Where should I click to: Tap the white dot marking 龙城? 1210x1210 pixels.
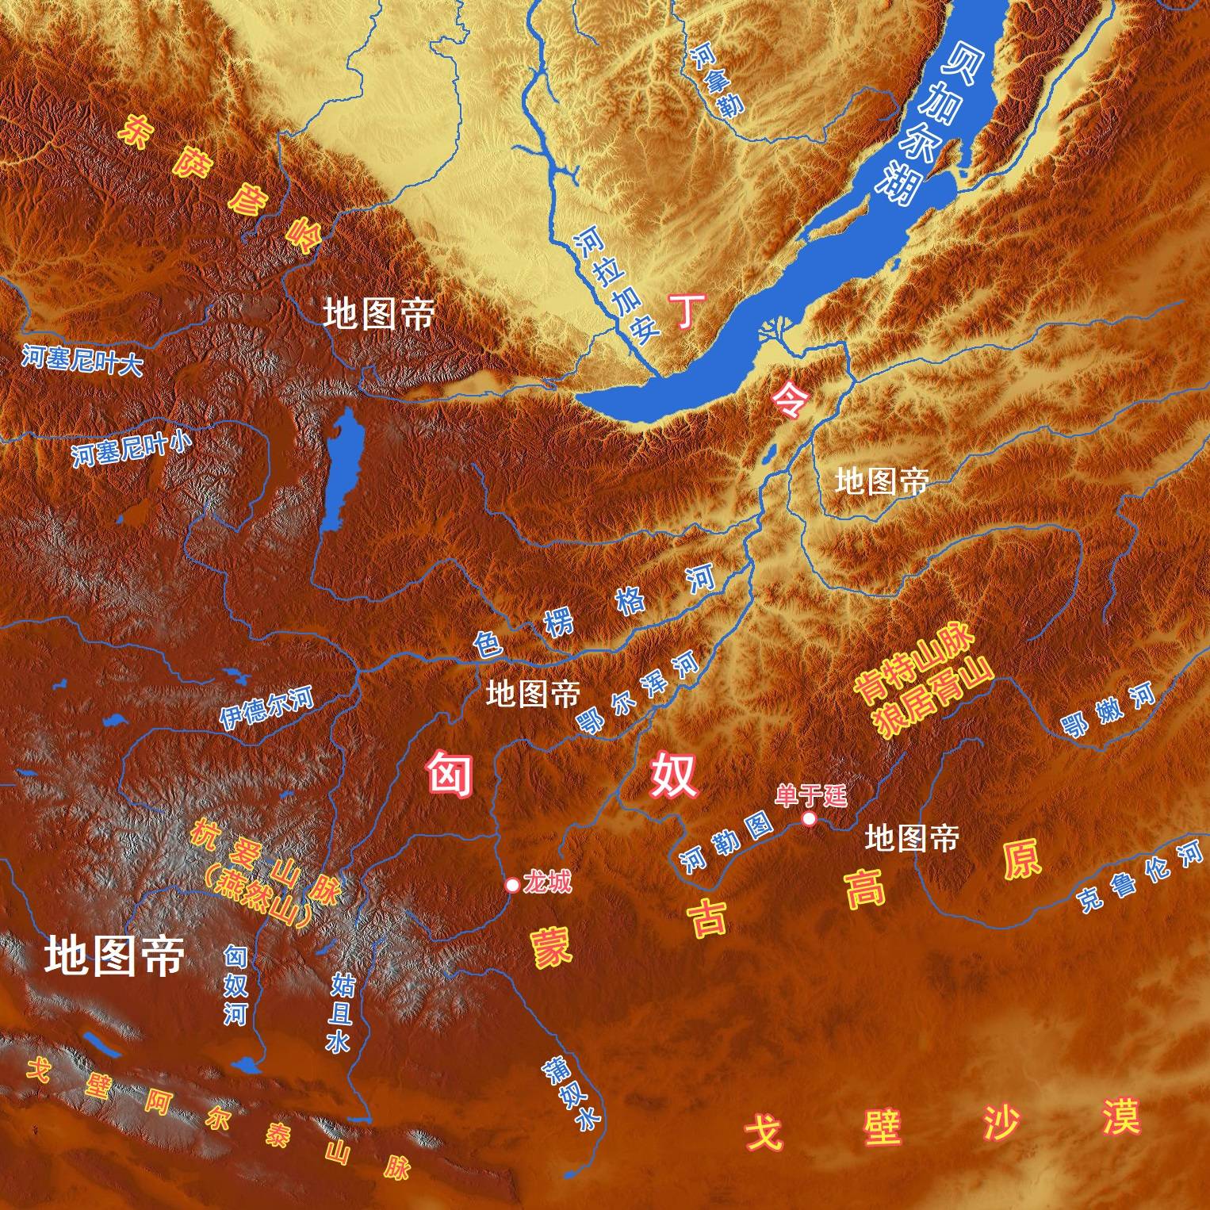(512, 884)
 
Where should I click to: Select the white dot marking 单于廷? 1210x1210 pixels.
(809, 818)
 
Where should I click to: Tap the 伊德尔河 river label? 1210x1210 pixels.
(266, 708)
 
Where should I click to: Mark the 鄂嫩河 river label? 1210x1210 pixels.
(1109, 711)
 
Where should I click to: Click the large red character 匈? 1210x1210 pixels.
(450, 774)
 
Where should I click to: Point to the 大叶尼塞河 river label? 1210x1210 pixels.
(82, 361)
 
